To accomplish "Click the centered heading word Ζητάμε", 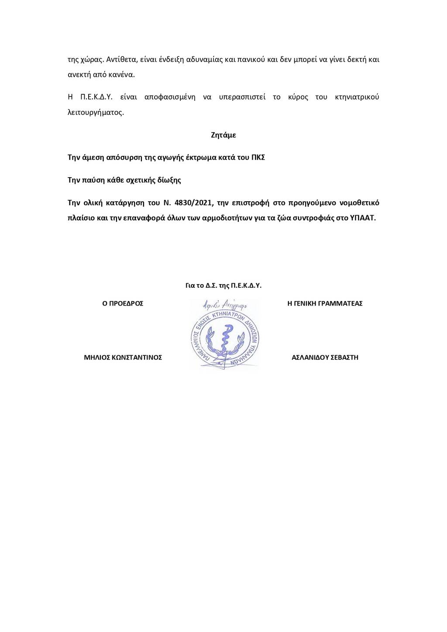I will coord(223,135).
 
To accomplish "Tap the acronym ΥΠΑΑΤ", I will coord(362,218).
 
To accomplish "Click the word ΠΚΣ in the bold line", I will coord(258,157).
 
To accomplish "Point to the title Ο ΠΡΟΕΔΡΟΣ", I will coord(123,303).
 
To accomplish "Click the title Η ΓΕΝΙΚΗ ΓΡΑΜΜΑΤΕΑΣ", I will coord(325,303).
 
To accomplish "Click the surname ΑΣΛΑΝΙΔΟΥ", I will coord(309,357).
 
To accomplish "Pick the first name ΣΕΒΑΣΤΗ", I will coord(344,357).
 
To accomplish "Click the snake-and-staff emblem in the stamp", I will coord(225,340).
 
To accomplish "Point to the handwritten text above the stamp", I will coord(225,305).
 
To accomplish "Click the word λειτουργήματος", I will coord(96,112).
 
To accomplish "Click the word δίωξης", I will coord(170,180).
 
